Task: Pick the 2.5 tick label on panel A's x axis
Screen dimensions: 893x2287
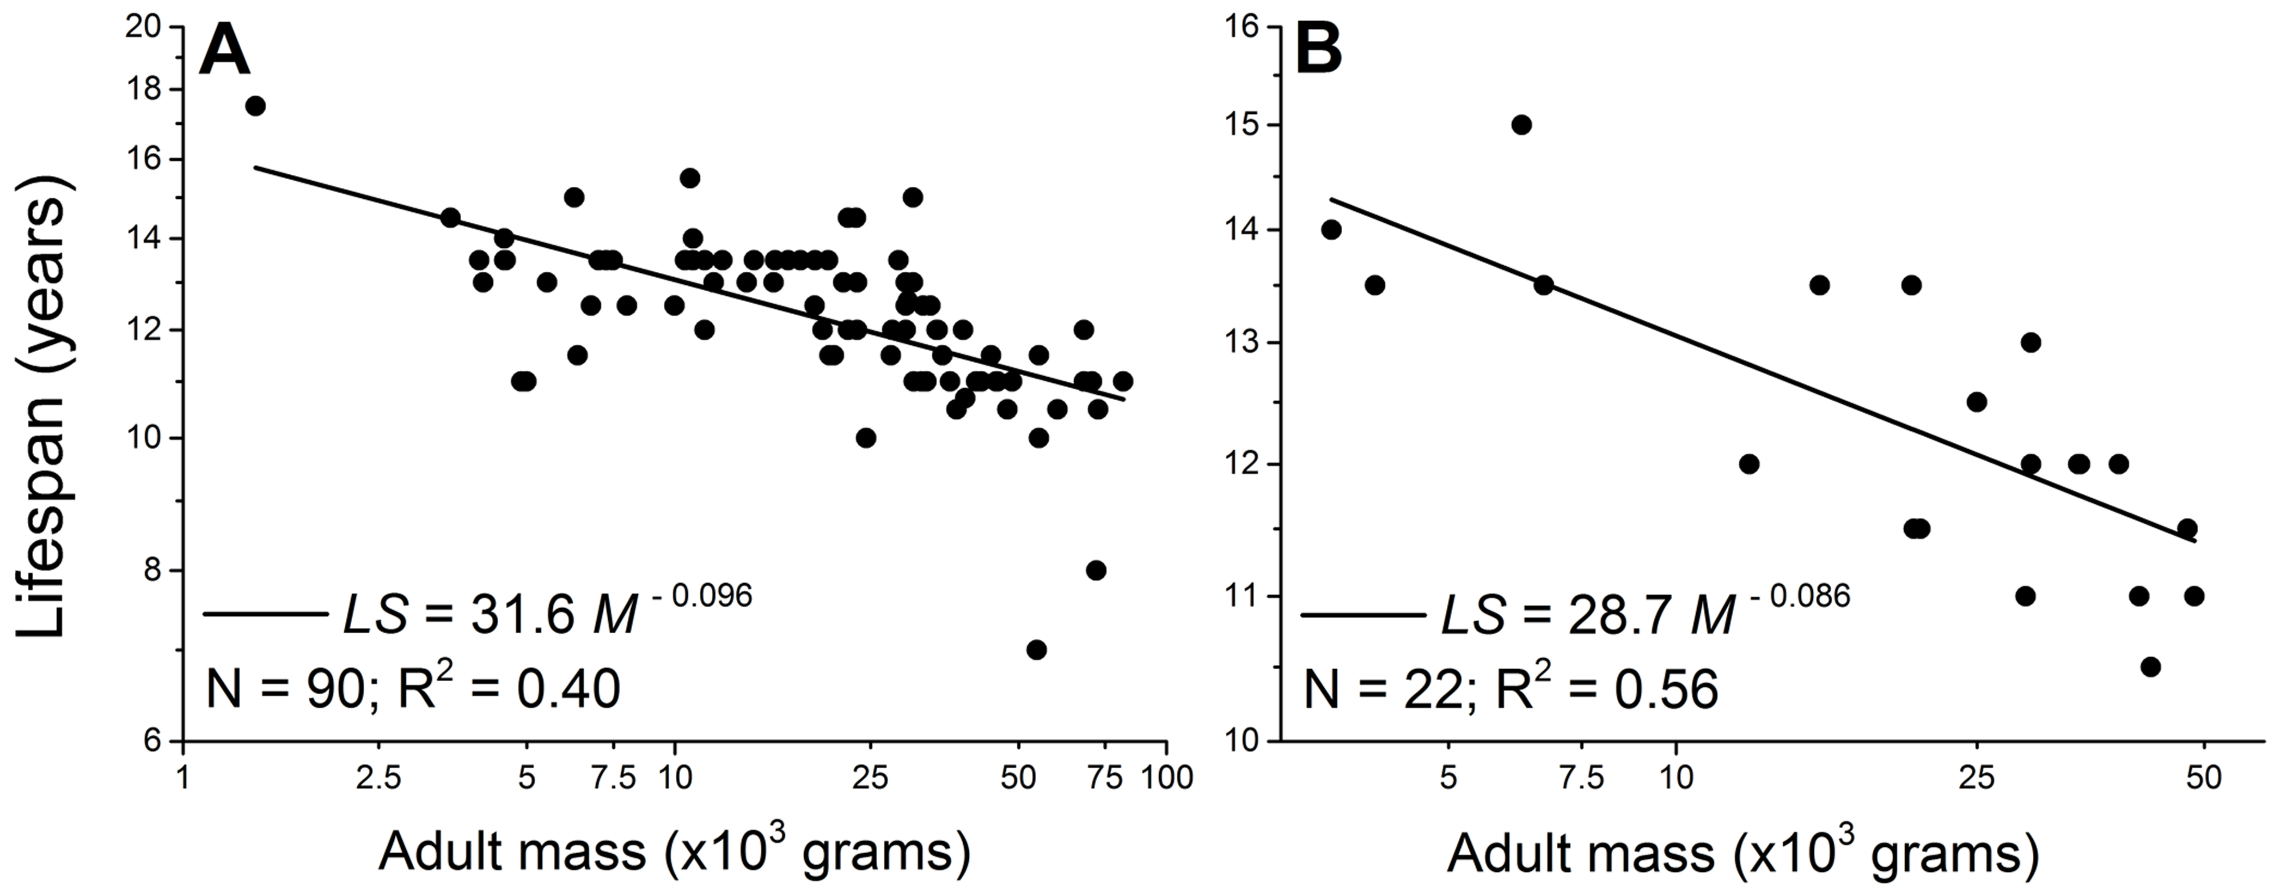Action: (x=379, y=779)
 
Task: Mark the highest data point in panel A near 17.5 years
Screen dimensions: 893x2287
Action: (x=256, y=106)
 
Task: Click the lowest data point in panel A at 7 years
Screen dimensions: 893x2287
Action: (x=1036, y=650)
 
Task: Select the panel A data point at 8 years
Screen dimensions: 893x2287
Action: (x=1096, y=570)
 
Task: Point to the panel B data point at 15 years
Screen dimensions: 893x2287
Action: (x=1521, y=124)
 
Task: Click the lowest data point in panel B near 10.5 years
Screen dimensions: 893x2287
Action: (x=2150, y=666)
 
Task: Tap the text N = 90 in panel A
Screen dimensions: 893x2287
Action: (x=280, y=690)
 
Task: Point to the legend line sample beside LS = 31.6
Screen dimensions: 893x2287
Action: (x=265, y=613)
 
